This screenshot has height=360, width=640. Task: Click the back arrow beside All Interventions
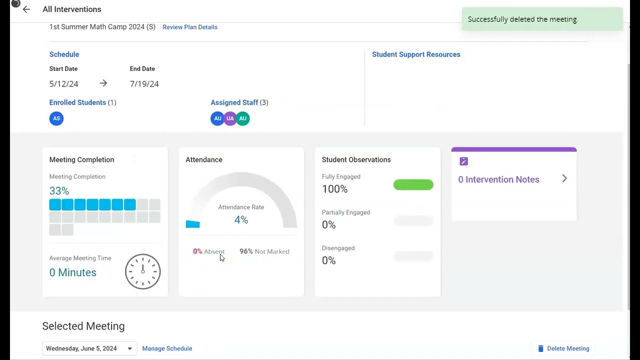(26, 9)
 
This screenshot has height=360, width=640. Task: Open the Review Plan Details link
(190, 27)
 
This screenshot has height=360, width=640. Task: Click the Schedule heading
(64, 54)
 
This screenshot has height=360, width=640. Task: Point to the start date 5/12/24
(63, 84)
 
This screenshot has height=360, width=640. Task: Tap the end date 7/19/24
(144, 84)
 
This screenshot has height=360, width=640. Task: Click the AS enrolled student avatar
(56, 118)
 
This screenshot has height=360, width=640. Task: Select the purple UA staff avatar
(230, 118)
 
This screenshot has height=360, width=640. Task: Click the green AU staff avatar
(243, 118)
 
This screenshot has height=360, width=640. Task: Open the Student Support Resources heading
(416, 54)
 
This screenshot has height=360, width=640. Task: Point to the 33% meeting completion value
(59, 191)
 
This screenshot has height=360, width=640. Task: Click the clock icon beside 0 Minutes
(142, 271)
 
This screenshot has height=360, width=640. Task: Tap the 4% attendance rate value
(241, 220)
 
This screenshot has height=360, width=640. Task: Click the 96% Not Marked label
(264, 251)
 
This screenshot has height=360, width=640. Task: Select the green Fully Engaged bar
(413, 185)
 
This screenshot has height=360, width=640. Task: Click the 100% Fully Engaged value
(334, 189)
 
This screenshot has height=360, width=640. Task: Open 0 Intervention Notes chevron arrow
(564, 179)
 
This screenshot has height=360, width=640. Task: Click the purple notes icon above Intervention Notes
(463, 161)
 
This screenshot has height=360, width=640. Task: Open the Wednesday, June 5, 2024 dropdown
(89, 348)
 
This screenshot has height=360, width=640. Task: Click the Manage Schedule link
(167, 348)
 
